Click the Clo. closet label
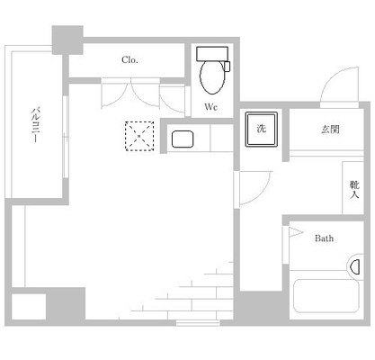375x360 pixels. pyautogui.click(x=129, y=60)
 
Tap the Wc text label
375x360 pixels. pyautogui.click(x=211, y=107)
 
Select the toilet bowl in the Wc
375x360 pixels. pyautogui.click(x=212, y=77)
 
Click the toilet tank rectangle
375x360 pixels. pyautogui.click(x=212, y=54)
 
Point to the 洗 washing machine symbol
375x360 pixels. pyautogui.click(x=262, y=129)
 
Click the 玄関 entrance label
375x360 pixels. pyautogui.click(x=330, y=130)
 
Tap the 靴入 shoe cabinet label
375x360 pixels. pyautogui.click(x=354, y=189)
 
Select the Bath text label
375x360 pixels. pyautogui.click(x=324, y=238)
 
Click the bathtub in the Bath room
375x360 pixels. pyautogui.click(x=326, y=296)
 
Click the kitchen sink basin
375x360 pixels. pyautogui.click(x=183, y=139)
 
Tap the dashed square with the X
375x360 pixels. pyautogui.click(x=139, y=136)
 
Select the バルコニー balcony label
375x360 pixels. pyautogui.click(x=35, y=124)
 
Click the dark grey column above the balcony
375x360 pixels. pyautogui.click(x=67, y=40)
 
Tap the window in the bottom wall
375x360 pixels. pyautogui.click(x=198, y=323)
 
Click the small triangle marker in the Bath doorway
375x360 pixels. pyautogui.click(x=296, y=232)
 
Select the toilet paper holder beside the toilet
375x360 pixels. pyautogui.click(x=228, y=67)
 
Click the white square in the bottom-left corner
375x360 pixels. pyautogui.click(x=29, y=307)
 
